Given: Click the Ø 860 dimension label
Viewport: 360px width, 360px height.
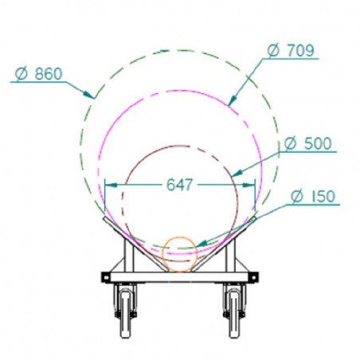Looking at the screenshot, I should (x=38, y=75).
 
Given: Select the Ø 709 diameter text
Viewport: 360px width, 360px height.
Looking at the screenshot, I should (x=291, y=50).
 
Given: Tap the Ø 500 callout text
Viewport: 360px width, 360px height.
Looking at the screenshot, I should (x=307, y=143).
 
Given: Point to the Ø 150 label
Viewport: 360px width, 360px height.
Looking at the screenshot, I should (x=313, y=197).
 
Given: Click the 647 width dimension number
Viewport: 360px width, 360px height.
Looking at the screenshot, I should (x=179, y=185).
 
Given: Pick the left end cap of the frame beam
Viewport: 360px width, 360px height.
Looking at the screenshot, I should (x=106, y=276).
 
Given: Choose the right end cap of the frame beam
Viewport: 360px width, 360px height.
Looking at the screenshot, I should (x=253, y=276).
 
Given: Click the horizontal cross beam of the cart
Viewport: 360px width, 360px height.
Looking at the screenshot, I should (x=179, y=276).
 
